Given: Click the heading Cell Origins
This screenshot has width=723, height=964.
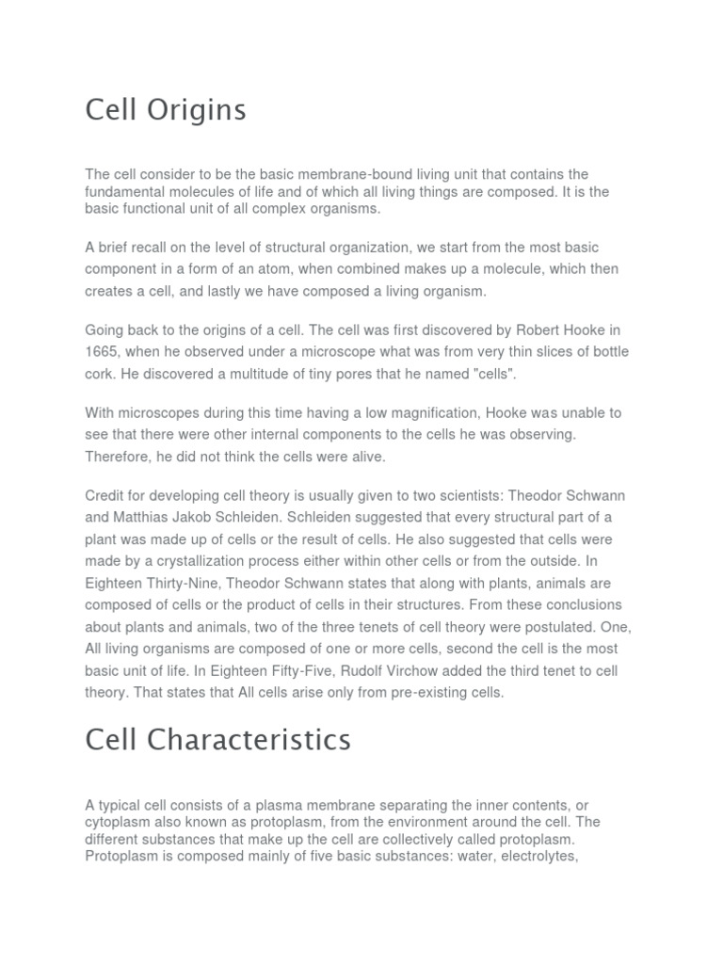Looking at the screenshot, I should (166, 110).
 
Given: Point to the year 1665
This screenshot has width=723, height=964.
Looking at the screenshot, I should (104, 352).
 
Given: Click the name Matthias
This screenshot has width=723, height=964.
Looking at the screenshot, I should (148, 518).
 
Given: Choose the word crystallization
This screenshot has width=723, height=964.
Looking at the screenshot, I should (217, 561).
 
